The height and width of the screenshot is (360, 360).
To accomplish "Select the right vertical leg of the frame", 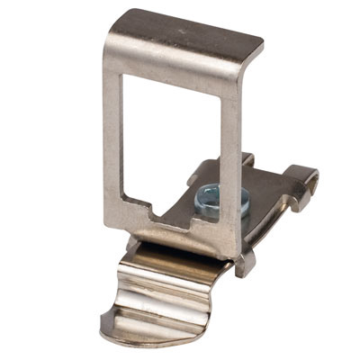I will point(230,153).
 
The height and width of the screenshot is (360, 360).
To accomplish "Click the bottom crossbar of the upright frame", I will point(180,232).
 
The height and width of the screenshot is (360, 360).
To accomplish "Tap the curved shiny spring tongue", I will point(171,297).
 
